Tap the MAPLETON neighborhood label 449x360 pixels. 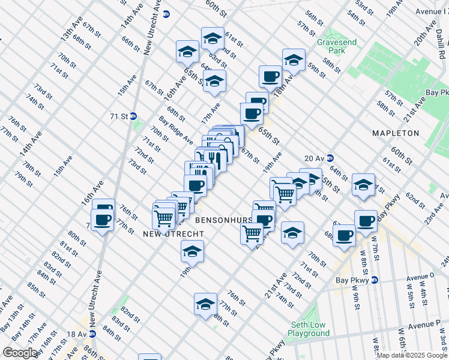(x=394, y=133)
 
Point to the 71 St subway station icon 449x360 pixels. (x=134, y=116)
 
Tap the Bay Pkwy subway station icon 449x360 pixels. (x=375, y=280)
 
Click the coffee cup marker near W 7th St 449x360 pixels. (x=366, y=220)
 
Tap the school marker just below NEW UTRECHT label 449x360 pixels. (x=192, y=251)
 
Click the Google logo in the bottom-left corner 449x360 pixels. (x=20, y=353)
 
